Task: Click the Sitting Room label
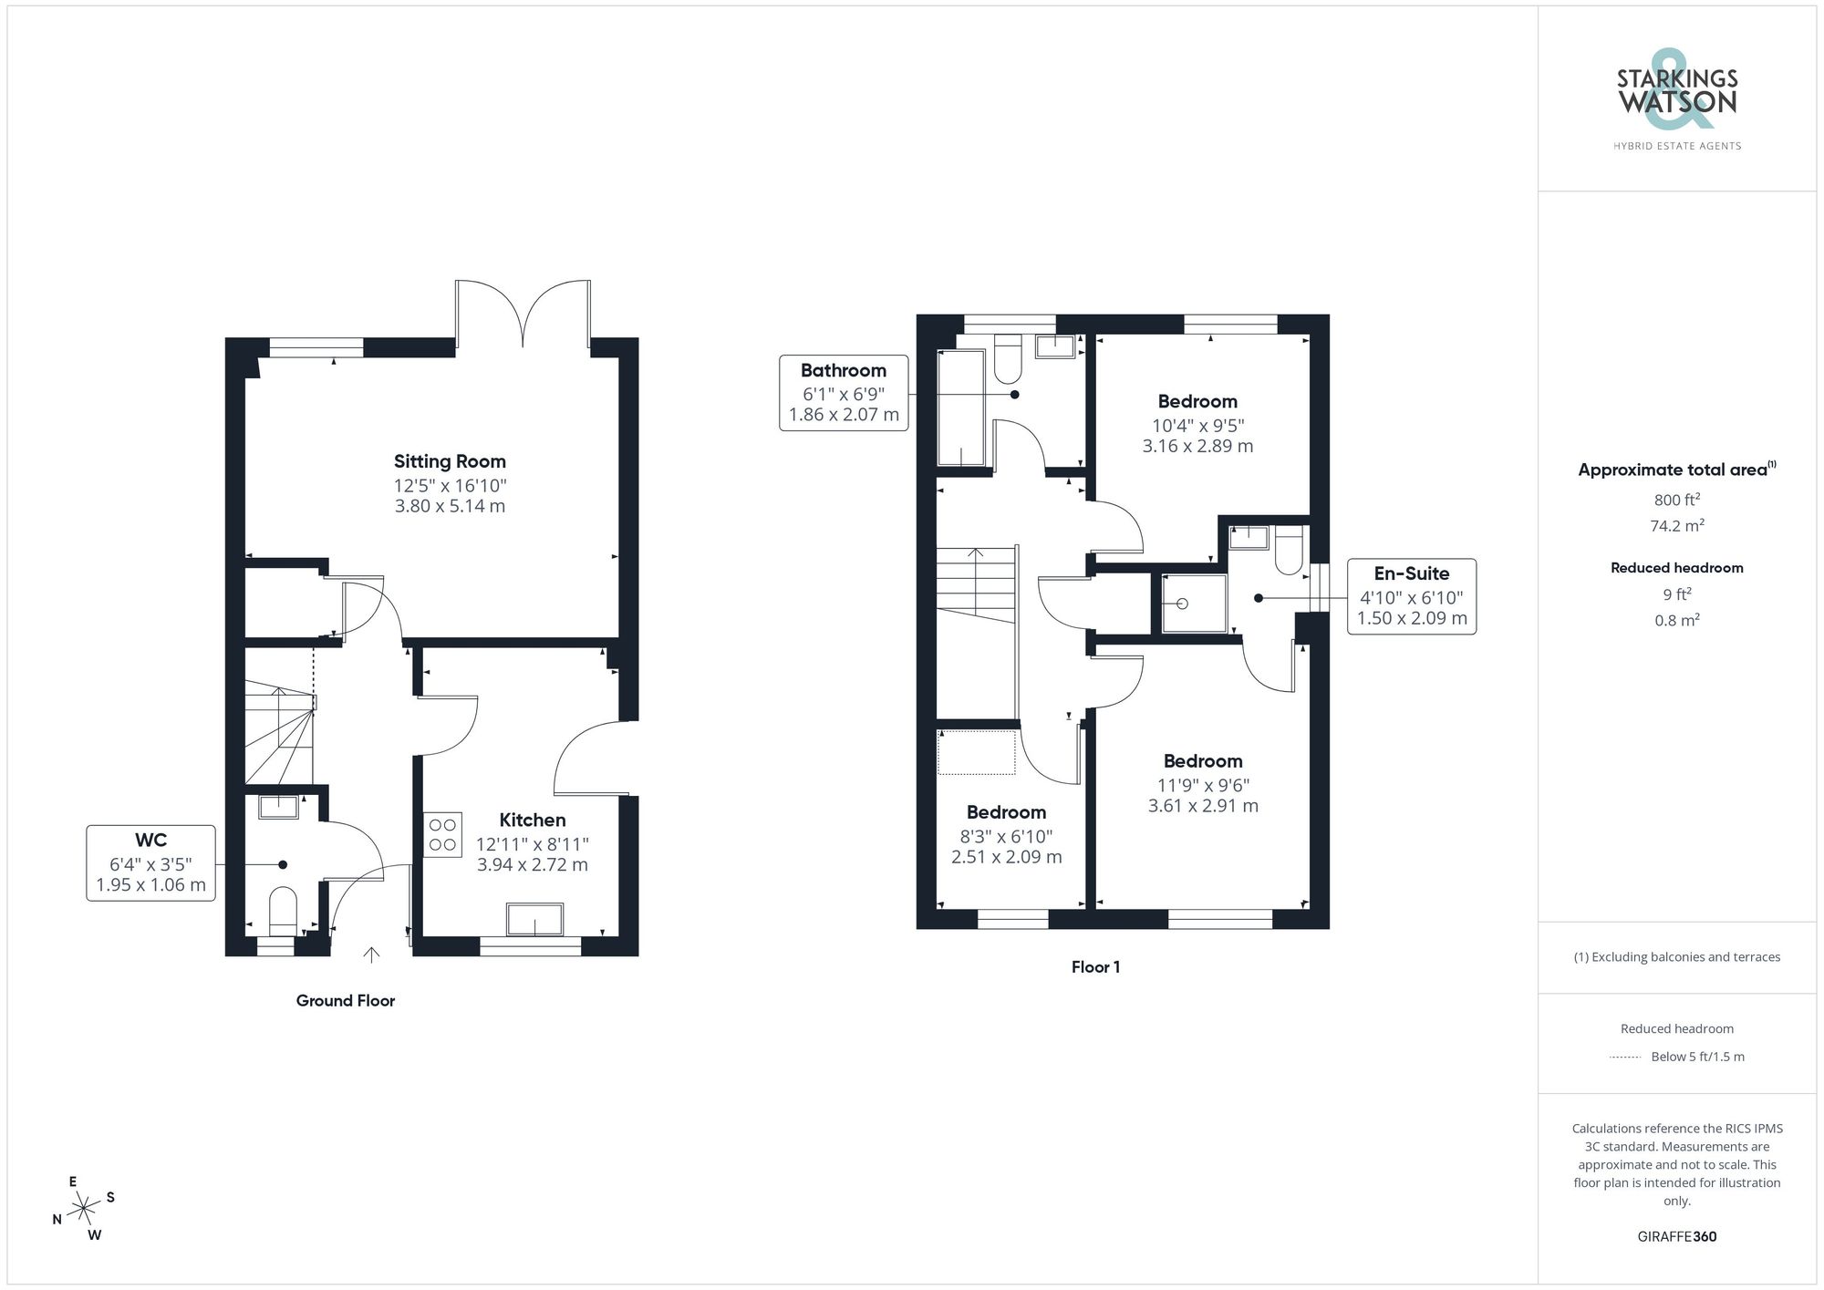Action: tap(450, 461)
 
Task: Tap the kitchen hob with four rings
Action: tap(442, 834)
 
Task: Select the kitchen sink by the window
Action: tap(534, 919)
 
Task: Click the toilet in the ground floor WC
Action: tap(283, 910)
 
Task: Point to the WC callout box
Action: tap(151, 862)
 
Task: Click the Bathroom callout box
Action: tap(844, 393)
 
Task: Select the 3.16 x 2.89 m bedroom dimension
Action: tap(1197, 447)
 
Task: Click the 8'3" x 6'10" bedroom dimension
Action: tap(1006, 836)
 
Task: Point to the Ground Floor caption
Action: tap(345, 1000)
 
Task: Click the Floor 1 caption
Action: tap(1095, 967)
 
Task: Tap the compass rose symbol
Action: tap(84, 1209)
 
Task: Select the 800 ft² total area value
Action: tap(1676, 500)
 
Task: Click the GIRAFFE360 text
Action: tap(1676, 1236)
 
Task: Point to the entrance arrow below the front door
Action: tap(371, 955)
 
